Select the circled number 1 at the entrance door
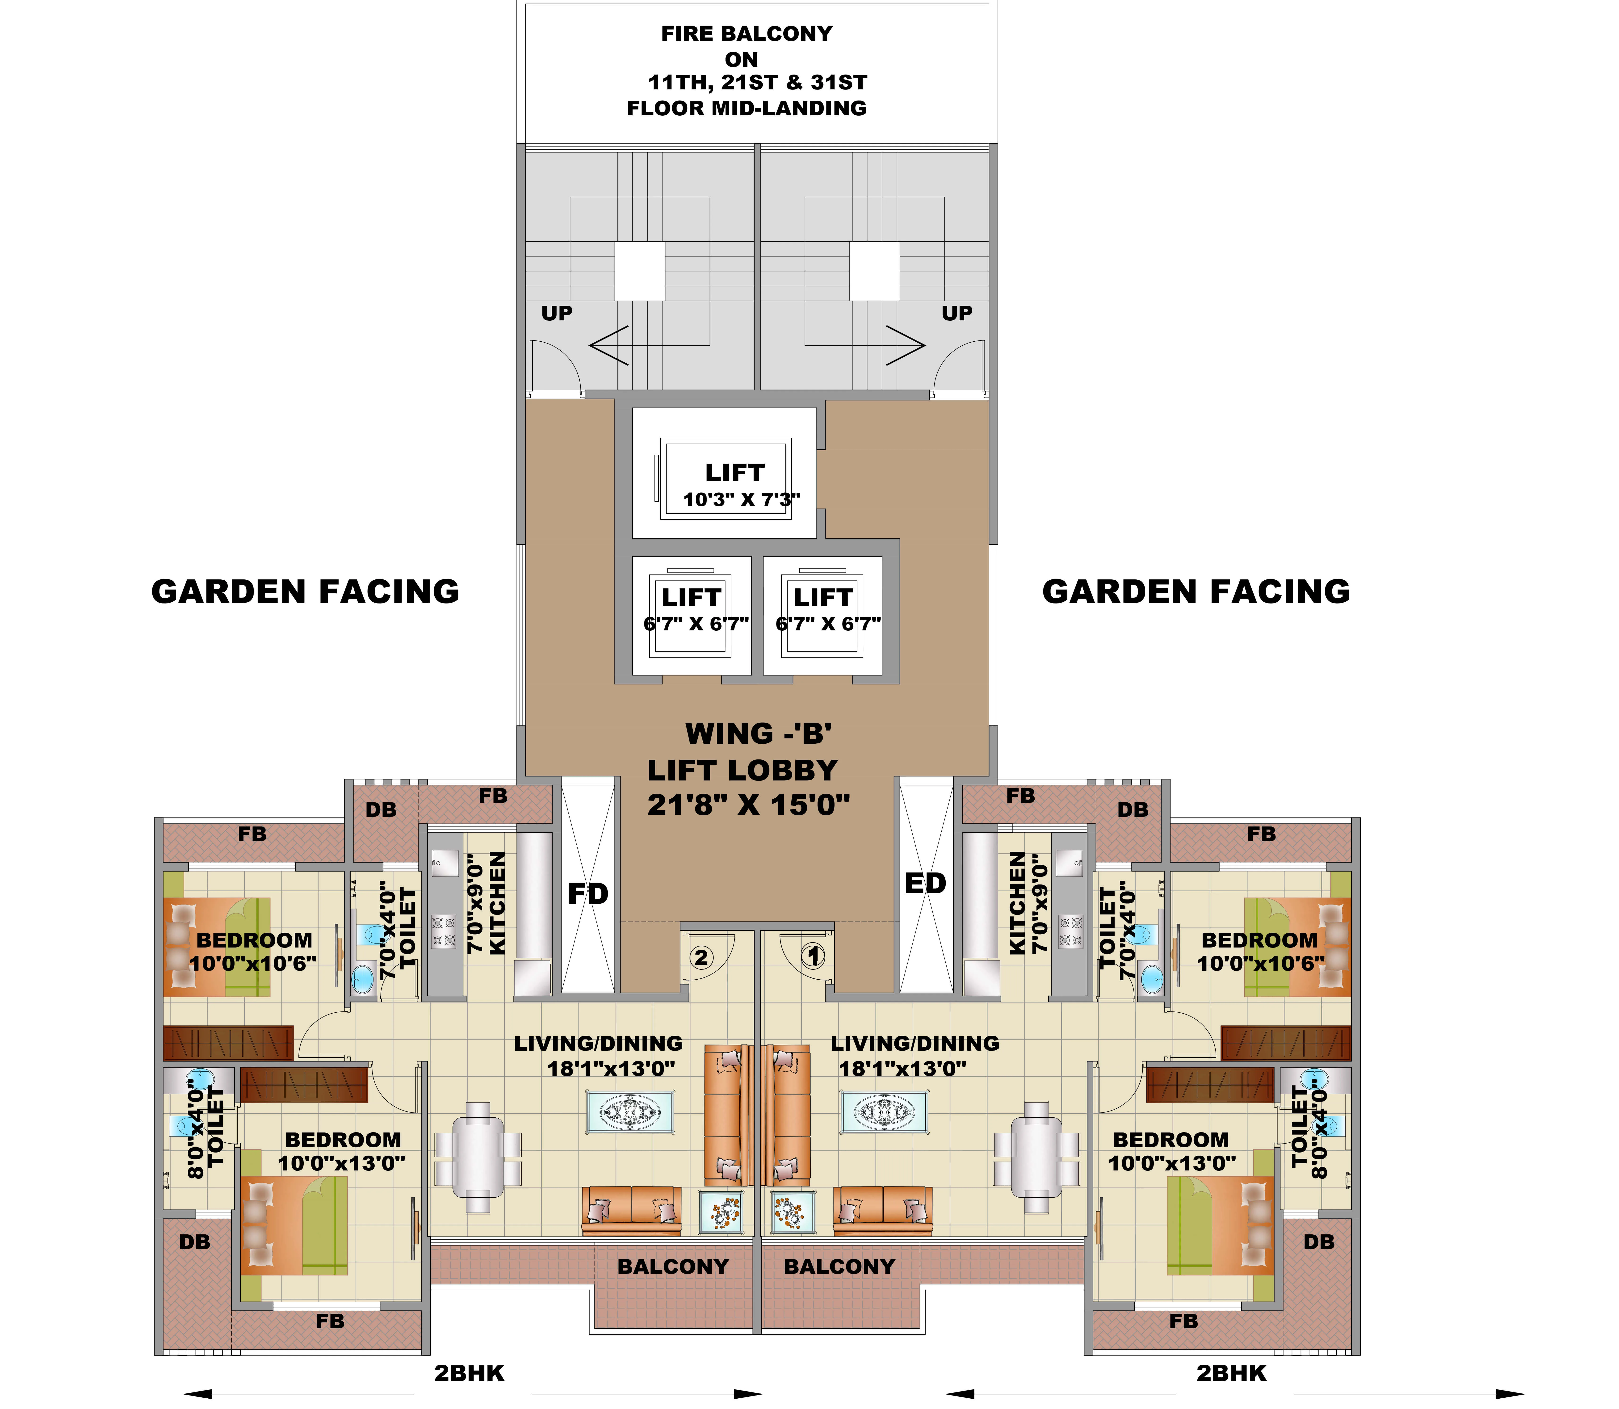pyautogui.click(x=812, y=956)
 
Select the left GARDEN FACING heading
pyautogui.click(x=305, y=591)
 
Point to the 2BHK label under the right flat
pyautogui.click(x=1231, y=1373)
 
